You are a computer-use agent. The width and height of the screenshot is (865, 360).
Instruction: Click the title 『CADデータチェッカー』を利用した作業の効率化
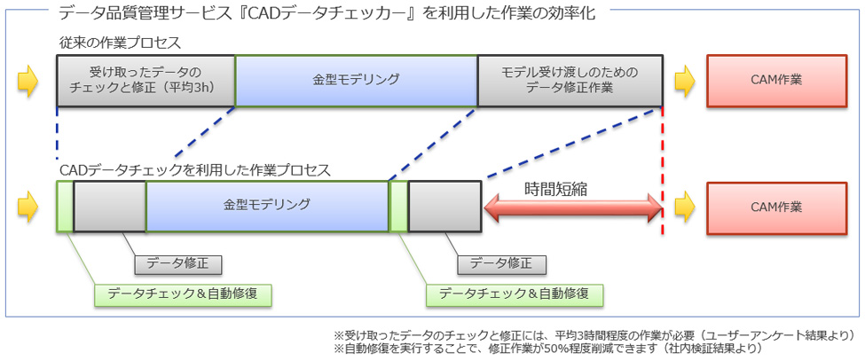pyautogui.click(x=327, y=12)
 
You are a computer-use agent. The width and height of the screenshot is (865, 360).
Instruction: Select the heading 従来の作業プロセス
pyautogui.click(x=121, y=43)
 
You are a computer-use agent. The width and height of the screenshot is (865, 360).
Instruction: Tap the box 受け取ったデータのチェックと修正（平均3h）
pyautogui.click(x=146, y=81)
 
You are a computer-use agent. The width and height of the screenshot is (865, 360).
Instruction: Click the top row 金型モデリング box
pyautogui.click(x=357, y=81)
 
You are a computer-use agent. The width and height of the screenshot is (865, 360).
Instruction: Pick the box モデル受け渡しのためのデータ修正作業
pyautogui.click(x=570, y=81)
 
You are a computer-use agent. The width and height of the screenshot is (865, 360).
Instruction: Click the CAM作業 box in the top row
pyautogui.click(x=777, y=81)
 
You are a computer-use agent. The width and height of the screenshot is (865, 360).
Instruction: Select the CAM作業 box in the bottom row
pyautogui.click(x=777, y=207)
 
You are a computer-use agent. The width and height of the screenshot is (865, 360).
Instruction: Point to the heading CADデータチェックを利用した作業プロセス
pyautogui.click(x=195, y=169)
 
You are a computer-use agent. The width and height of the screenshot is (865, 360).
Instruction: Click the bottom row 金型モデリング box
pyautogui.click(x=268, y=206)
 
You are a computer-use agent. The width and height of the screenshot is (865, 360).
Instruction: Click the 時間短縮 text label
pyautogui.click(x=555, y=189)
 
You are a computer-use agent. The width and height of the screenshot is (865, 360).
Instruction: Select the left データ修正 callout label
pyautogui.click(x=177, y=263)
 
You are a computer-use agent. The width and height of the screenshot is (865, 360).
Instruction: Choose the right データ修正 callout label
pyautogui.click(x=501, y=263)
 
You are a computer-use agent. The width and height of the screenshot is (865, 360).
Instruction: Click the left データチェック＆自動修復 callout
pyautogui.click(x=183, y=293)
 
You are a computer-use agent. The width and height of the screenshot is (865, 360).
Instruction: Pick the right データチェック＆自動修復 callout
pyautogui.click(x=515, y=293)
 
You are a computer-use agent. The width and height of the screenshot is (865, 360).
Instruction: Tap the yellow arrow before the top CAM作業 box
pyautogui.click(x=683, y=81)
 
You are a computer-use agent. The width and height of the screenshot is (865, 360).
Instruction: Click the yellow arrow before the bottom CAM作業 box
pyautogui.click(x=683, y=207)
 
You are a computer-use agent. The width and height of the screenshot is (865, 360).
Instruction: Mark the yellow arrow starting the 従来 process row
pyautogui.click(x=28, y=81)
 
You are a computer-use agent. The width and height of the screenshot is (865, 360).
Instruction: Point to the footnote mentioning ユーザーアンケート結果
pyautogui.click(x=594, y=335)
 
